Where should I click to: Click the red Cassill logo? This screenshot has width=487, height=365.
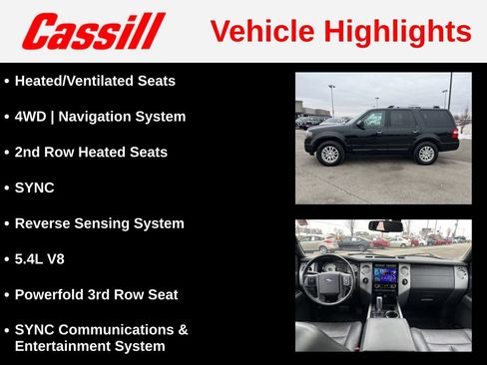tap(93, 31)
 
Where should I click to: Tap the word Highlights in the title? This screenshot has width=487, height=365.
tap(396, 32)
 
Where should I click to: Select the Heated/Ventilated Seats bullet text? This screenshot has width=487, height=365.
tap(95, 81)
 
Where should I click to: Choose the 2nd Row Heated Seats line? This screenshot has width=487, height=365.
tap(91, 153)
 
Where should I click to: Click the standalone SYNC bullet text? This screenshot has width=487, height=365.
tap(35, 187)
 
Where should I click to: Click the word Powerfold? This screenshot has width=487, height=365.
tap(52, 295)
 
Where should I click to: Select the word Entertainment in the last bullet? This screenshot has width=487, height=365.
tap(62, 346)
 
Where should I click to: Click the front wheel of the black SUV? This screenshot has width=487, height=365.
tap(328, 154)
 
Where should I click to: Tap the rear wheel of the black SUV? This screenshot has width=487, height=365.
tap(426, 154)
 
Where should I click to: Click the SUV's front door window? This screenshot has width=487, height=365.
tap(373, 120)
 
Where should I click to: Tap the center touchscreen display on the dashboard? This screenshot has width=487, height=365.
tap(384, 274)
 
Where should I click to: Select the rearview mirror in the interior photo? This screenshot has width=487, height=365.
tap(385, 226)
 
